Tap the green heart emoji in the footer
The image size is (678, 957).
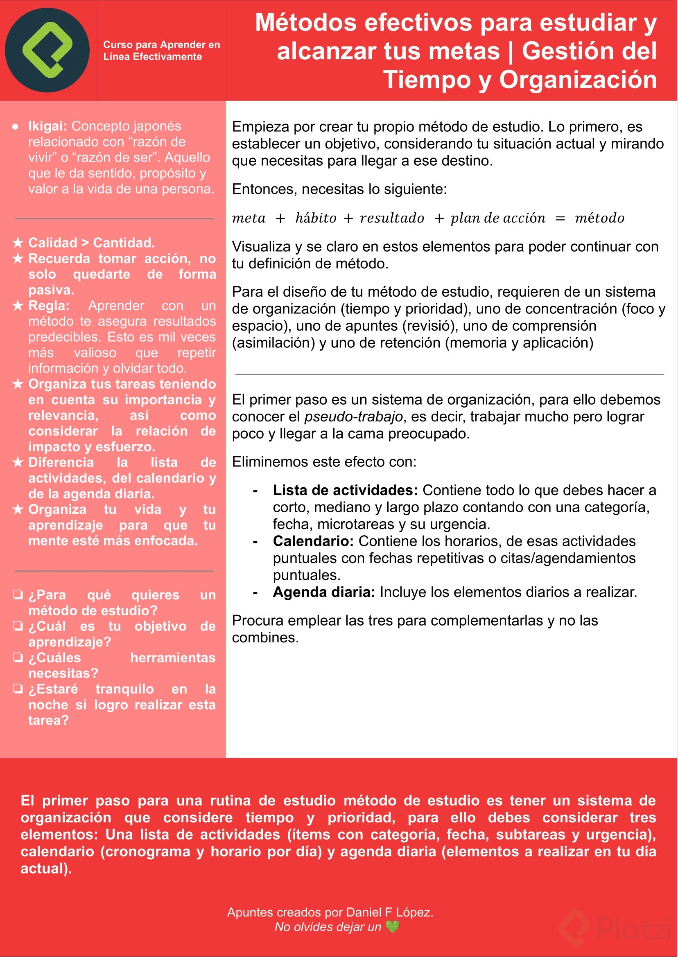tap(393, 927)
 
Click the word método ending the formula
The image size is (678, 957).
tap(599, 218)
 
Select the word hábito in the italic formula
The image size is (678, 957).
tap(316, 218)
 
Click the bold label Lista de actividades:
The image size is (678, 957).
tap(345, 490)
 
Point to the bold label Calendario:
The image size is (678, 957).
tap(313, 541)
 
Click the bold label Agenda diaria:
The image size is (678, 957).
tap(324, 592)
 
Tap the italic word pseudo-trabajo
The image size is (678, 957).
tap(353, 417)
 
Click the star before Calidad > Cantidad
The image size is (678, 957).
tap(18, 242)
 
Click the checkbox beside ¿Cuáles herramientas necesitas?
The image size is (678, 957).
tap(18, 657)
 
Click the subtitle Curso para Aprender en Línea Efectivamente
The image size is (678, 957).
tap(161, 50)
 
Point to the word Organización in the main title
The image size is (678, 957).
tap(578, 80)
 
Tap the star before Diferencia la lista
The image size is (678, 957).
tap(18, 462)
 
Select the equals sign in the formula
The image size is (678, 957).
tap(560, 218)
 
